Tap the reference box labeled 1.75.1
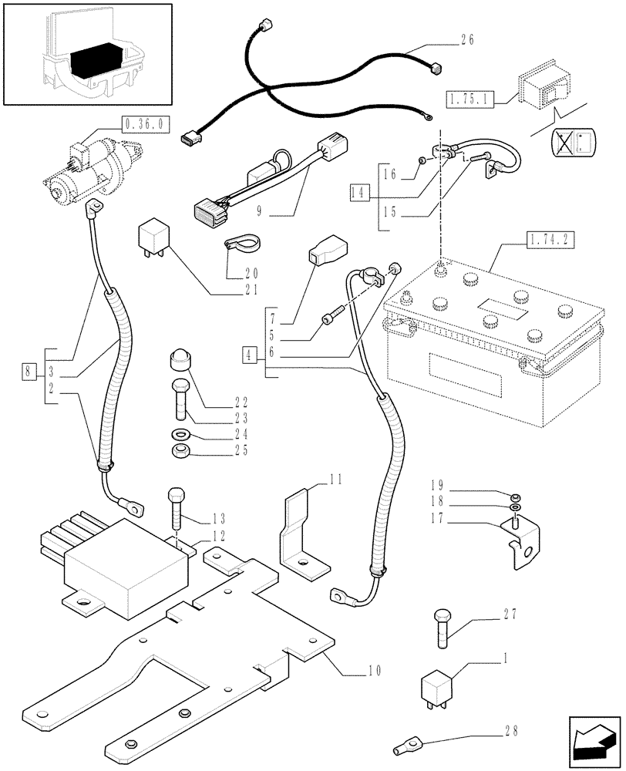pyautogui.click(x=469, y=98)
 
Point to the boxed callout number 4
pyautogui.click(x=248, y=355)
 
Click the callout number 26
pyautogui.click(x=467, y=40)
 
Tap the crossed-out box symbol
pyautogui.click(x=570, y=144)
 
